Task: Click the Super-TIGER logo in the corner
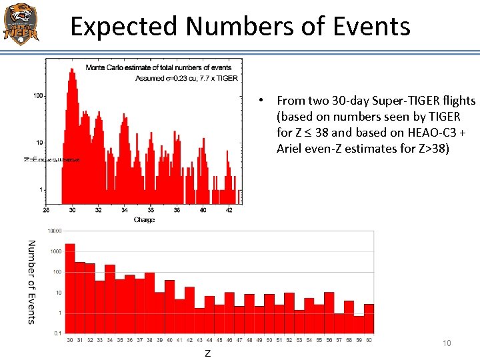[21, 23]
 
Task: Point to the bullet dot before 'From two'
[264, 101]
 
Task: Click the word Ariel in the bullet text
[291, 149]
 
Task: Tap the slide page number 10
[447, 343]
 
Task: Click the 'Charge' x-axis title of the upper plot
[144, 220]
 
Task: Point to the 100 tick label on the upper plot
[38, 96]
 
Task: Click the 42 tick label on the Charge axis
[229, 210]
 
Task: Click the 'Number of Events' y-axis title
[31, 282]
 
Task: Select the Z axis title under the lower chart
[207, 353]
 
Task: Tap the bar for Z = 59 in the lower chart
[359, 325]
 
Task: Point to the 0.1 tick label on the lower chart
[57, 333]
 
